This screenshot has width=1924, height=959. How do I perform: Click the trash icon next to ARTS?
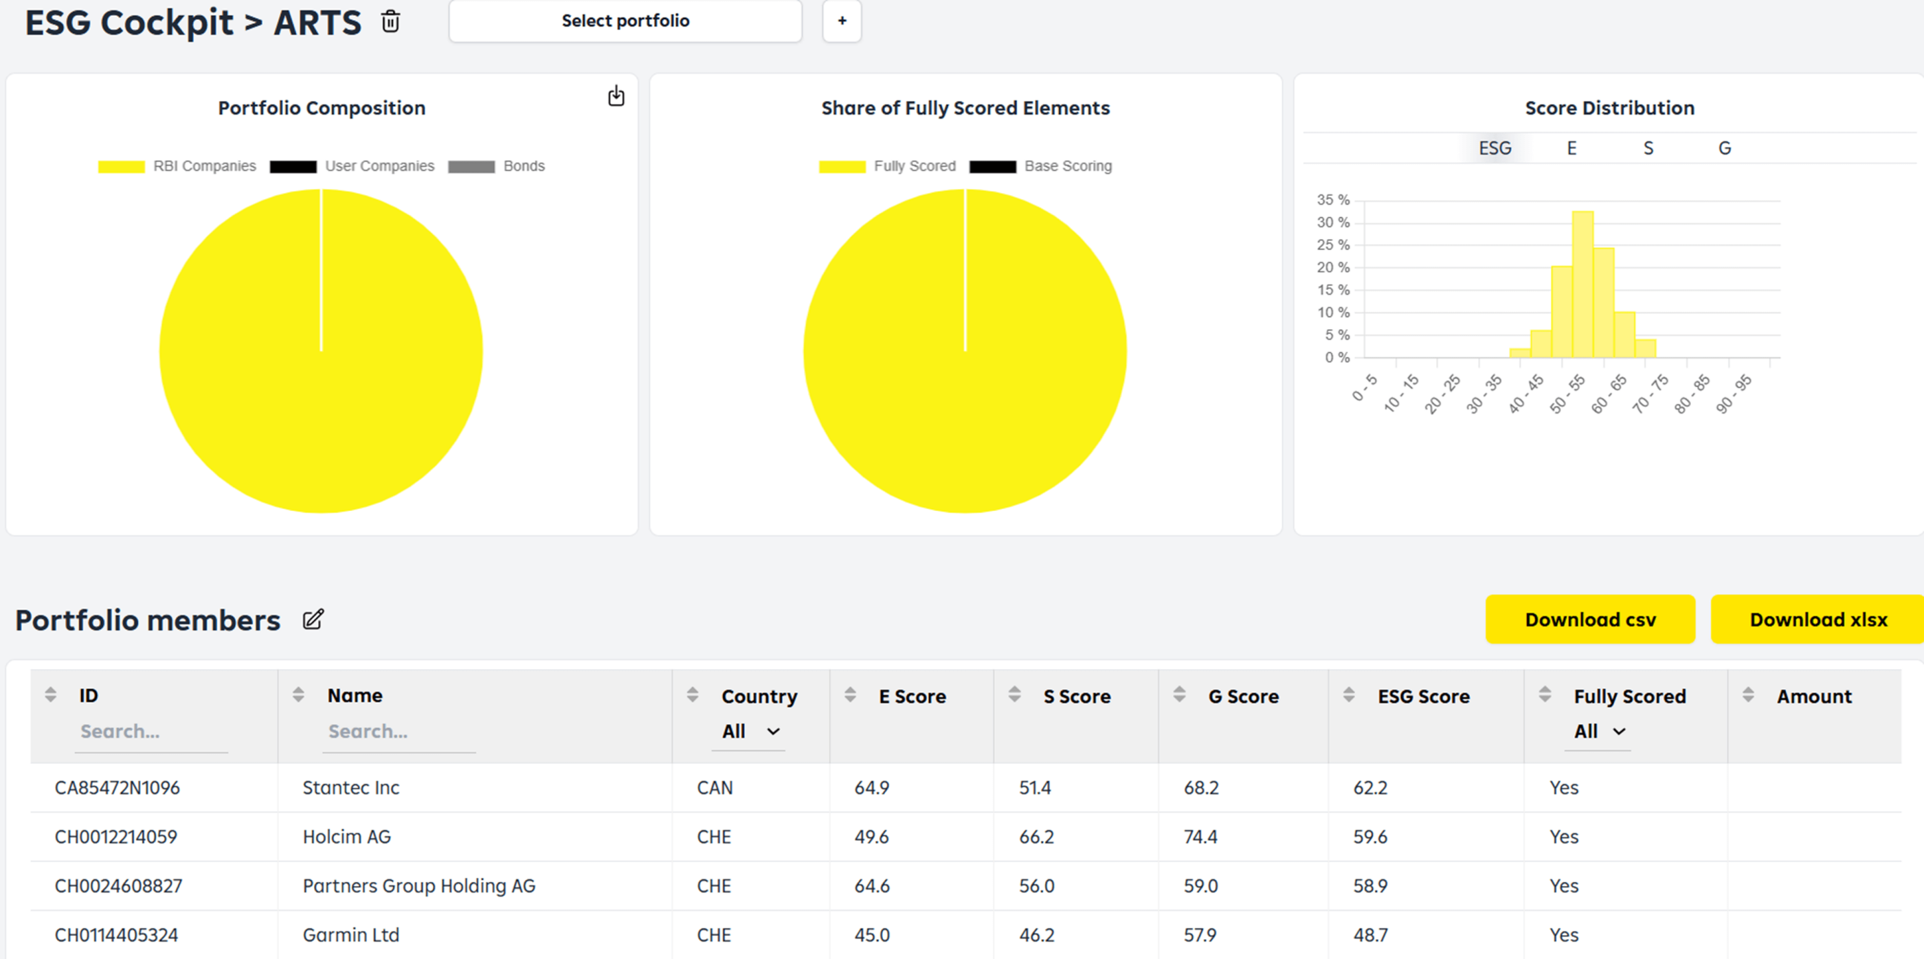[390, 22]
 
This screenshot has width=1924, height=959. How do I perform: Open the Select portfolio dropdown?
[625, 21]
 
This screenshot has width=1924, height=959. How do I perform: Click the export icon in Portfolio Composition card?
[616, 96]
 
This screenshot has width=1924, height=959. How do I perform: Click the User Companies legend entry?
[352, 166]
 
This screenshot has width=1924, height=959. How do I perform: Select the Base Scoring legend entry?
[1040, 166]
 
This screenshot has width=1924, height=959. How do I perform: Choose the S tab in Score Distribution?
[1648, 148]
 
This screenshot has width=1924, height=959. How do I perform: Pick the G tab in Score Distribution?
[1724, 148]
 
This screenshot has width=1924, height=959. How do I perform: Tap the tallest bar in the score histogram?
[1582, 284]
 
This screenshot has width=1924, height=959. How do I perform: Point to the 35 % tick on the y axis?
[1332, 200]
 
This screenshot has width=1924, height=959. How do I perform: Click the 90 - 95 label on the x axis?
[1733, 394]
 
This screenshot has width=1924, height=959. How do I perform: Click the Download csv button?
[1589, 619]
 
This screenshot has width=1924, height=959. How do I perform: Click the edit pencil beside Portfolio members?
[313, 619]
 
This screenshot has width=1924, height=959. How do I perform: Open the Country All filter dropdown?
[750, 731]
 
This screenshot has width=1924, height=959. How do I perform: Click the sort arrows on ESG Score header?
[1348, 695]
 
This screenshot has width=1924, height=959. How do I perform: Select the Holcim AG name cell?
[346, 837]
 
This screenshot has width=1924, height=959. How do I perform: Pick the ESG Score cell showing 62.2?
[1369, 787]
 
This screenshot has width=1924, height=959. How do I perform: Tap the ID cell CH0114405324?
[117, 934]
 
